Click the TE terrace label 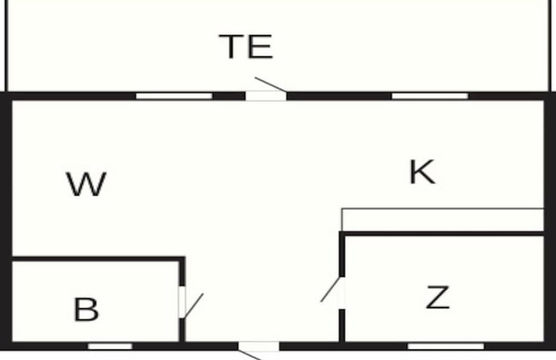[246, 46]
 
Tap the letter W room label [86, 184]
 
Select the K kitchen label [422, 172]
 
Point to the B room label [86, 310]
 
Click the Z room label [438, 298]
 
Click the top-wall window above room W [174, 96]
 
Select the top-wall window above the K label [429, 96]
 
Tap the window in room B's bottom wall [110, 345]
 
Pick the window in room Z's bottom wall [446, 345]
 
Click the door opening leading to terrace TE [266, 96]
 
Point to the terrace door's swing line [270, 85]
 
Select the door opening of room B [182, 302]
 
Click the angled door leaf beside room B [194, 305]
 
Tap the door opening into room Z [342, 292]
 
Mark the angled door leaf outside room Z [330, 290]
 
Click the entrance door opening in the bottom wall [258, 346]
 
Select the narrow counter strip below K [442, 220]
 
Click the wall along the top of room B [98, 258]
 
